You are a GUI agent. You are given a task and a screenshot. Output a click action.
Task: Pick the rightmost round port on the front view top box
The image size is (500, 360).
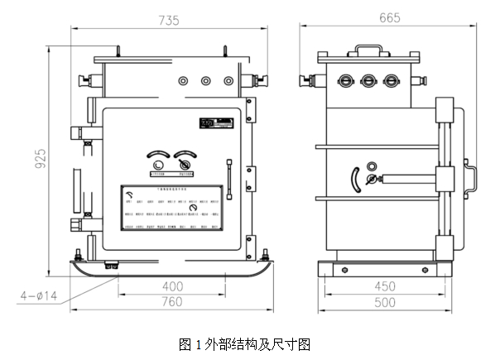click(228, 81)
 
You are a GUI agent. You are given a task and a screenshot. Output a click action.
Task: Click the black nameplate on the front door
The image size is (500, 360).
click(211, 125)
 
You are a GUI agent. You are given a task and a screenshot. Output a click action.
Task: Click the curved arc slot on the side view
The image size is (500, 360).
click(357, 180)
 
